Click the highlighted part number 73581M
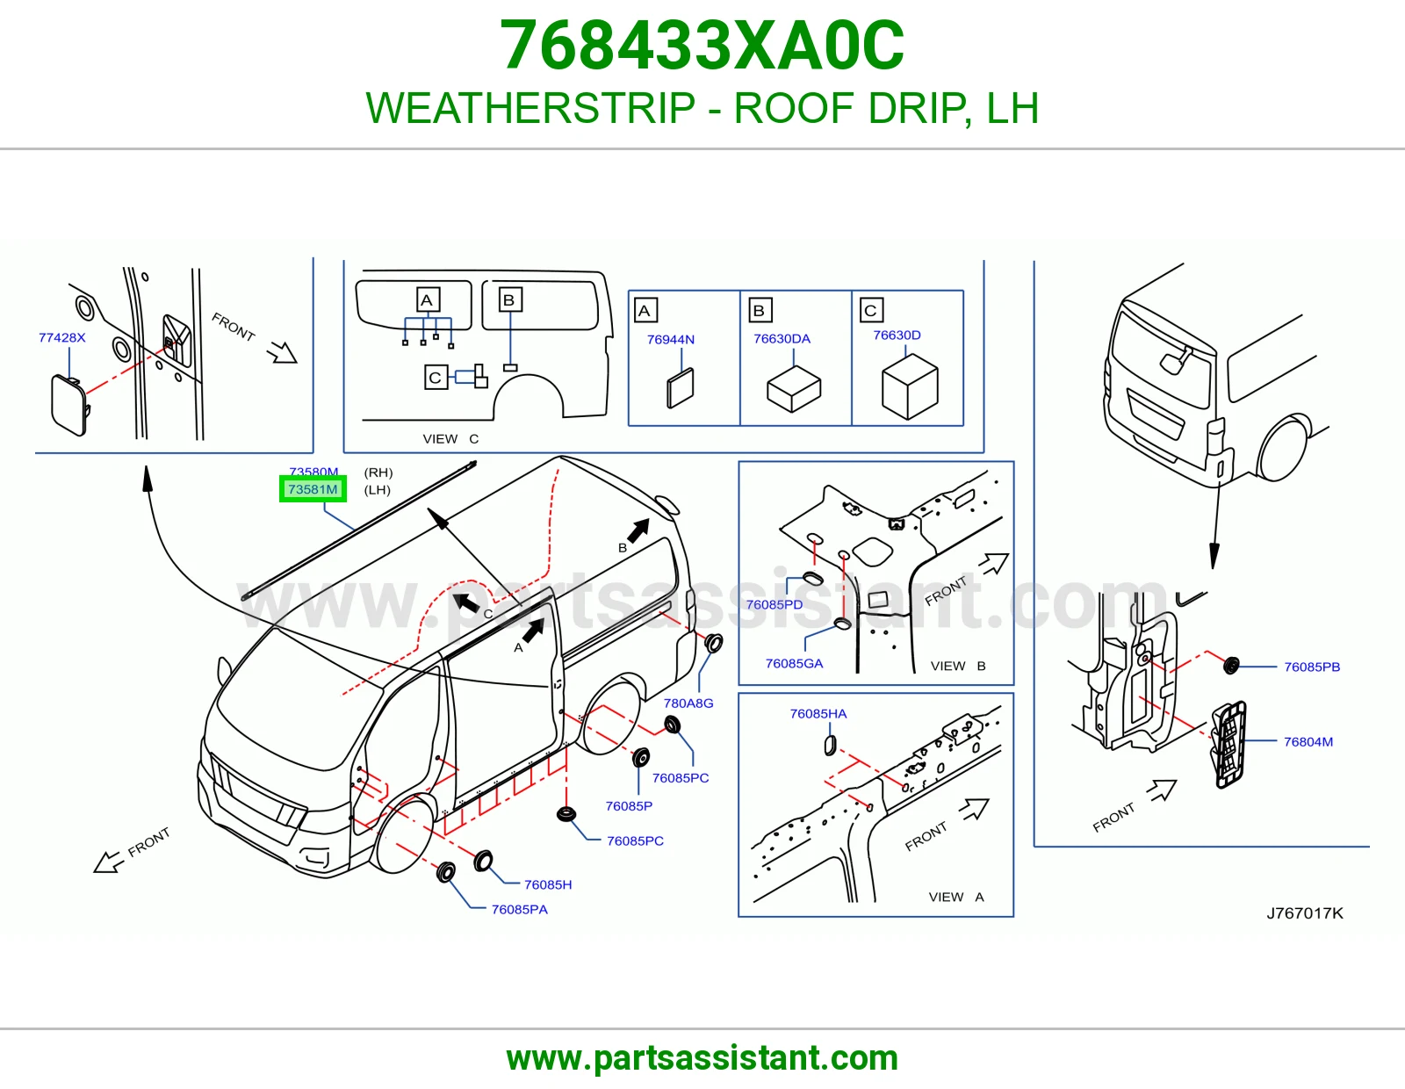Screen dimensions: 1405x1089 (x=313, y=489)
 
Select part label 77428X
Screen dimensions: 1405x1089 (x=62, y=337)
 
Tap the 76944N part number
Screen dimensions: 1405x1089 (x=671, y=340)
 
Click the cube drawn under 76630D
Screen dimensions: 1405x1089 (x=910, y=387)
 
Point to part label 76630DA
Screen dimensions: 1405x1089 (x=782, y=339)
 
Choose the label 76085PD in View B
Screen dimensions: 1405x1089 (x=774, y=604)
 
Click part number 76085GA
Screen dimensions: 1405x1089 (x=794, y=663)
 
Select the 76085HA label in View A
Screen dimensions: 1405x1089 (x=818, y=714)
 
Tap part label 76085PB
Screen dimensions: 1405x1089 (x=1312, y=667)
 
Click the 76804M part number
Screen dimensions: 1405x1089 (x=1308, y=742)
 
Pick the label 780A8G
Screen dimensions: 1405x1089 (x=688, y=703)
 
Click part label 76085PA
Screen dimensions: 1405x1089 (x=519, y=909)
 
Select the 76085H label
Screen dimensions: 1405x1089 (x=548, y=884)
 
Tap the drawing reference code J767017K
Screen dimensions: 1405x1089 (x=1304, y=913)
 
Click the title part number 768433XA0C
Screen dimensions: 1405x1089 (x=702, y=46)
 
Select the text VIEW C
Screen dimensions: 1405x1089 (x=450, y=439)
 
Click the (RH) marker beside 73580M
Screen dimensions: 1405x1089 (x=378, y=472)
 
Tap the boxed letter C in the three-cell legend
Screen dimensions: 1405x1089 (x=871, y=310)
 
